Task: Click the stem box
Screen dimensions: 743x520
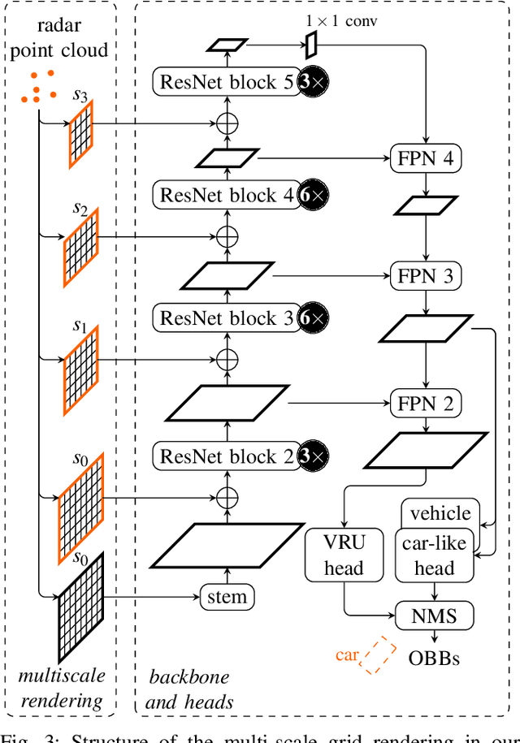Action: click(227, 598)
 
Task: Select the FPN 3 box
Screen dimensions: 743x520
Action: click(426, 276)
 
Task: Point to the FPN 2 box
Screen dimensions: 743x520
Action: click(426, 402)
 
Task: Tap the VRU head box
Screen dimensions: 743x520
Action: click(344, 556)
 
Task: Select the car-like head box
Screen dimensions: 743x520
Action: click(434, 556)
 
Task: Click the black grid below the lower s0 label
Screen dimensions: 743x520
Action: click(81, 605)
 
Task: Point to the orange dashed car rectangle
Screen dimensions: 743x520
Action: click(377, 656)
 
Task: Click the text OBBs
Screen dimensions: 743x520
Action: click(435, 657)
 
